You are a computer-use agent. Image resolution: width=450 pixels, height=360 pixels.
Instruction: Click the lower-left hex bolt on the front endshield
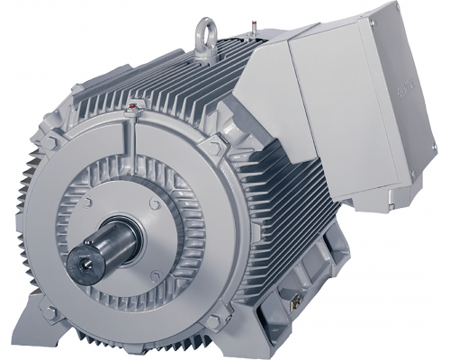52,311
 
